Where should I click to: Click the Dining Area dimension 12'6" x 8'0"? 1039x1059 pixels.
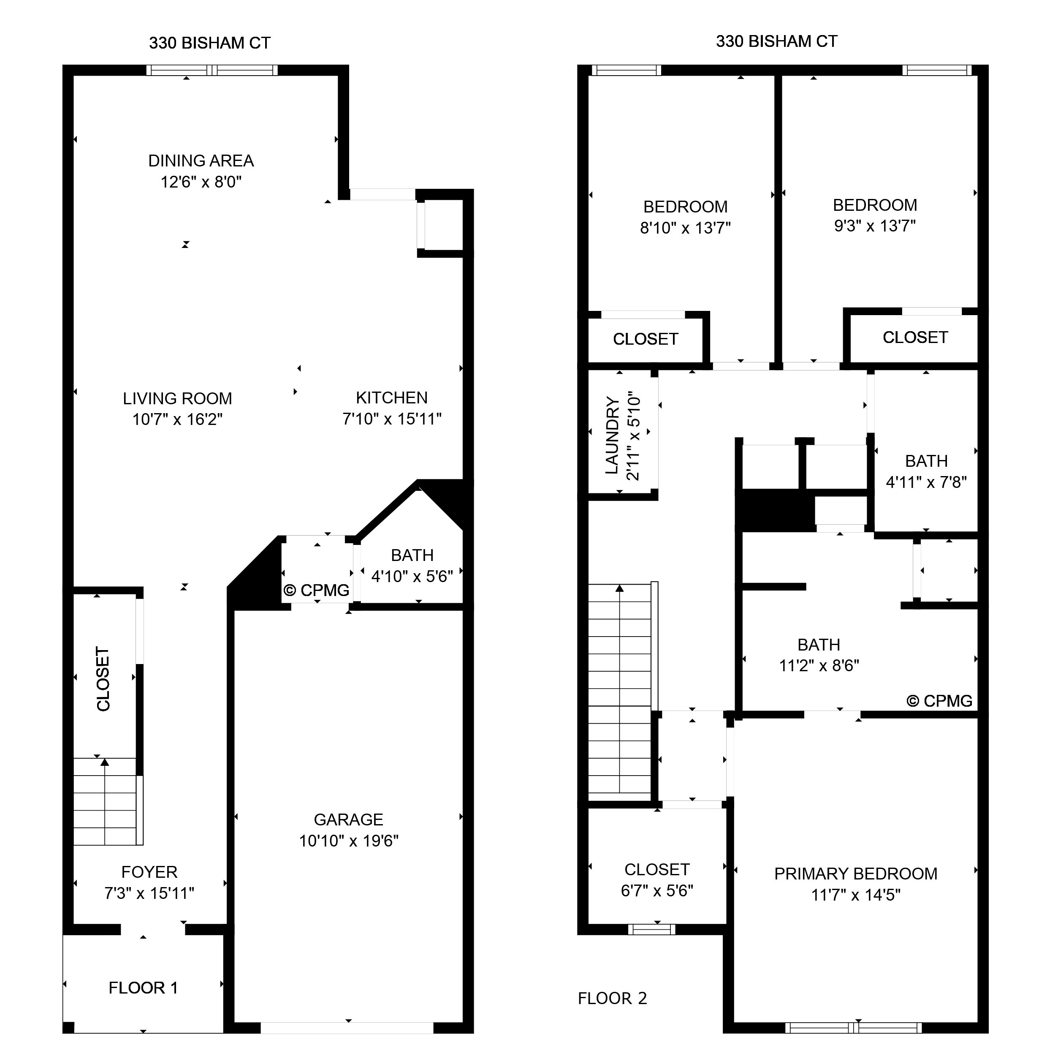pyautogui.click(x=201, y=182)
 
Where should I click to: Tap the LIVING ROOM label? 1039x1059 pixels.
pyautogui.click(x=177, y=398)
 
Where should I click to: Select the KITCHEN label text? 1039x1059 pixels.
pyautogui.click(x=391, y=397)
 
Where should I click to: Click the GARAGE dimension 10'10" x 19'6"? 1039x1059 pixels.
pyautogui.click(x=348, y=841)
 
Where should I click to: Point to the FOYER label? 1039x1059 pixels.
pyautogui.click(x=149, y=872)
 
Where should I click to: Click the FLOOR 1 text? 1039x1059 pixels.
pyautogui.click(x=143, y=988)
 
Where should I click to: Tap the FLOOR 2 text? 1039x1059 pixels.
pyautogui.click(x=612, y=999)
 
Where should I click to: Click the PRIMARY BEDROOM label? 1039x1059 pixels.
pyautogui.click(x=855, y=874)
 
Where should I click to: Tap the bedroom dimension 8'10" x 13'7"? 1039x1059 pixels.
pyautogui.click(x=685, y=228)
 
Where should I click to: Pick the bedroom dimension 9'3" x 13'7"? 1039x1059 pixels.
pyautogui.click(x=874, y=226)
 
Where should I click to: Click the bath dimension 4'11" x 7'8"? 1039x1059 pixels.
pyautogui.click(x=925, y=482)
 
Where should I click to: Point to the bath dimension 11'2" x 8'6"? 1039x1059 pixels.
pyautogui.click(x=819, y=665)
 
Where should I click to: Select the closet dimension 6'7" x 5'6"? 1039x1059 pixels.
pyautogui.click(x=656, y=890)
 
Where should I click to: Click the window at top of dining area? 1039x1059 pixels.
pyautogui.click(x=212, y=70)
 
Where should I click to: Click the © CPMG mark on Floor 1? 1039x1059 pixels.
pyautogui.click(x=317, y=590)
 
